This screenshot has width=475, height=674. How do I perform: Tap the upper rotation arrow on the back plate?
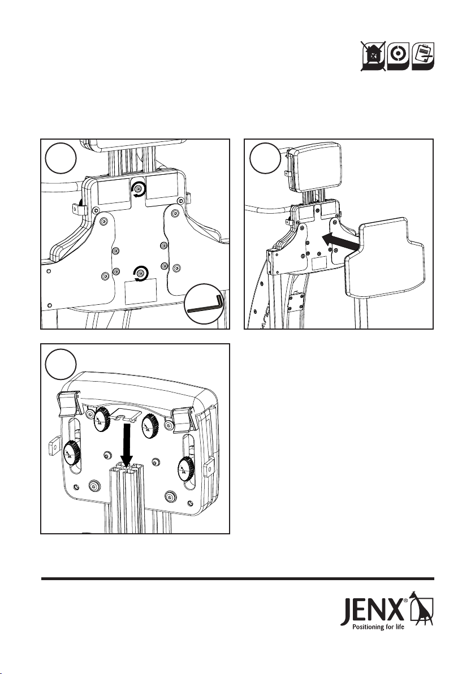[x=139, y=188]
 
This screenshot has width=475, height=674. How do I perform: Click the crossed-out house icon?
[x=373, y=55]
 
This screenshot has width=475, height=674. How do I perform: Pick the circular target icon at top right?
[x=398, y=55]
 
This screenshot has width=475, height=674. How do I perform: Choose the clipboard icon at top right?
[x=423, y=55]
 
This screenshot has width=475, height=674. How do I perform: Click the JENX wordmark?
[x=372, y=610]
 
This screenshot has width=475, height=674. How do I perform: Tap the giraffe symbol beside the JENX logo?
[x=422, y=607]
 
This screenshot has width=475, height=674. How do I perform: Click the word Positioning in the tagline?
[x=368, y=627]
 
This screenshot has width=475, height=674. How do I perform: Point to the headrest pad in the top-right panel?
[x=314, y=168]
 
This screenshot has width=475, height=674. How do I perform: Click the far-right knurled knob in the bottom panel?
[x=185, y=469]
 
